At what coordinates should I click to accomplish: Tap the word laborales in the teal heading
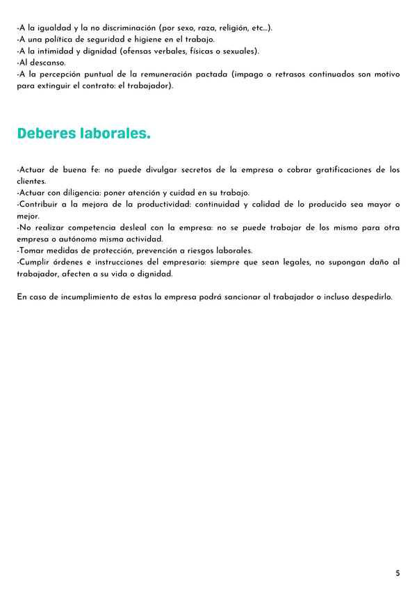[115, 133]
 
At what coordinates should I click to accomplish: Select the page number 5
[398, 573]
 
